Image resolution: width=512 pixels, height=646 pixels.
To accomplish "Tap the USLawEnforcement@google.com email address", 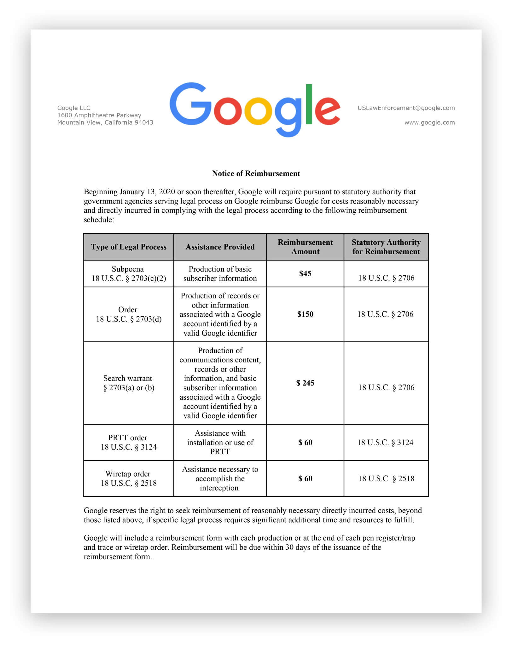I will (x=406, y=108).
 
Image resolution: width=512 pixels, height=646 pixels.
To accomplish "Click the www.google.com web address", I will (x=429, y=122).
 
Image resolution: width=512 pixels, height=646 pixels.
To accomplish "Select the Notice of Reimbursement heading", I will (x=256, y=173).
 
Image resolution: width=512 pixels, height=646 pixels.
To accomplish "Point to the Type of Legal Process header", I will (x=129, y=247).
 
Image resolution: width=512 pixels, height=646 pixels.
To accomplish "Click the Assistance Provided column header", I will (x=220, y=247).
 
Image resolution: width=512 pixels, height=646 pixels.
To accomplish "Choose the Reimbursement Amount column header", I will (x=305, y=247).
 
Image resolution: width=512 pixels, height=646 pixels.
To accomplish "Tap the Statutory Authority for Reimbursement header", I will (x=386, y=247).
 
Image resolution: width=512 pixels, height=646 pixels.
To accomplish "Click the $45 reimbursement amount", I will (x=305, y=273).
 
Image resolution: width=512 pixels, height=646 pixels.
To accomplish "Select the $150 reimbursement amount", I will (x=305, y=314).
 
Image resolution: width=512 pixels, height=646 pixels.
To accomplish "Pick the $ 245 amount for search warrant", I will (x=305, y=383).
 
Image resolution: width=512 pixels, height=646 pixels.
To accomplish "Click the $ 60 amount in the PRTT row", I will (x=305, y=442).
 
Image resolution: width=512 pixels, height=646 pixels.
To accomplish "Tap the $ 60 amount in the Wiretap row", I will (x=305, y=479).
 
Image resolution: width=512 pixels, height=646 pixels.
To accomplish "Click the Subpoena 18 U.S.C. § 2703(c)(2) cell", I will (x=129, y=274).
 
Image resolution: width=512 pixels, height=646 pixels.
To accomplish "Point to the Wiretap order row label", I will (x=129, y=479).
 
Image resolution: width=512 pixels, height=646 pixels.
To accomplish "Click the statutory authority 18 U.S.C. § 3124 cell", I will (x=385, y=442).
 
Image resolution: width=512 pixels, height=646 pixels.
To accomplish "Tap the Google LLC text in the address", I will (x=74, y=108).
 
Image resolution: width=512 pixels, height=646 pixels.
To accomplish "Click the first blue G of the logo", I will (x=190, y=104).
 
